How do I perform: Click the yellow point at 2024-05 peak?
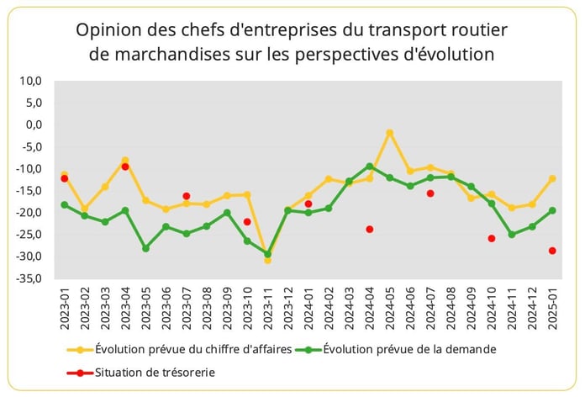coord(390,133)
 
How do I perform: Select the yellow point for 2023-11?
coord(268,260)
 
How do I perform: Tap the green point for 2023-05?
coord(145,248)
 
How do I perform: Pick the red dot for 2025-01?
coord(553,251)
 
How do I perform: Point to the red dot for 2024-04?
coord(370,229)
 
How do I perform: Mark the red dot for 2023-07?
coord(187,196)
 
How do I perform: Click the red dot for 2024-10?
coord(492,238)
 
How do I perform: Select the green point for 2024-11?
coord(512,234)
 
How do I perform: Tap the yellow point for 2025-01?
coord(553,178)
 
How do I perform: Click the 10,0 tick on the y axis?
coord(30,81)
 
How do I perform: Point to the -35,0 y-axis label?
coord(28,278)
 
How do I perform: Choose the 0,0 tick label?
coord(34,124)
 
